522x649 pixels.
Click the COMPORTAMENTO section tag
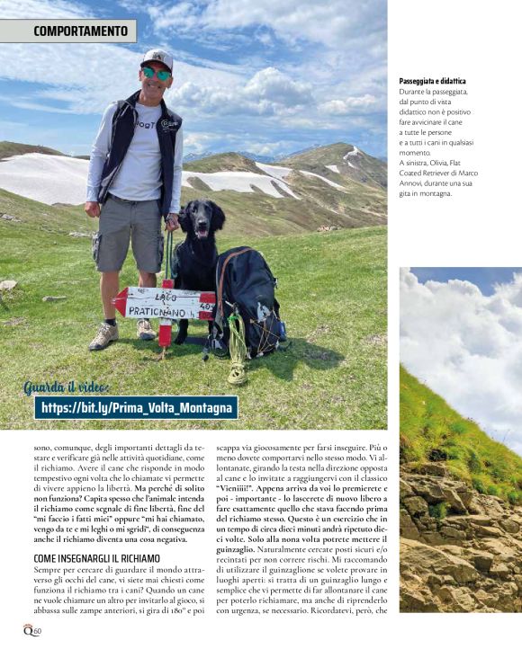[x=68, y=31]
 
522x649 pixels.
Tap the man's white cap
[x=157, y=58]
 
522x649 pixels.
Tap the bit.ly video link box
[x=137, y=408]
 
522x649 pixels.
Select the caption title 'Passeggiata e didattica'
[x=433, y=82]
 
